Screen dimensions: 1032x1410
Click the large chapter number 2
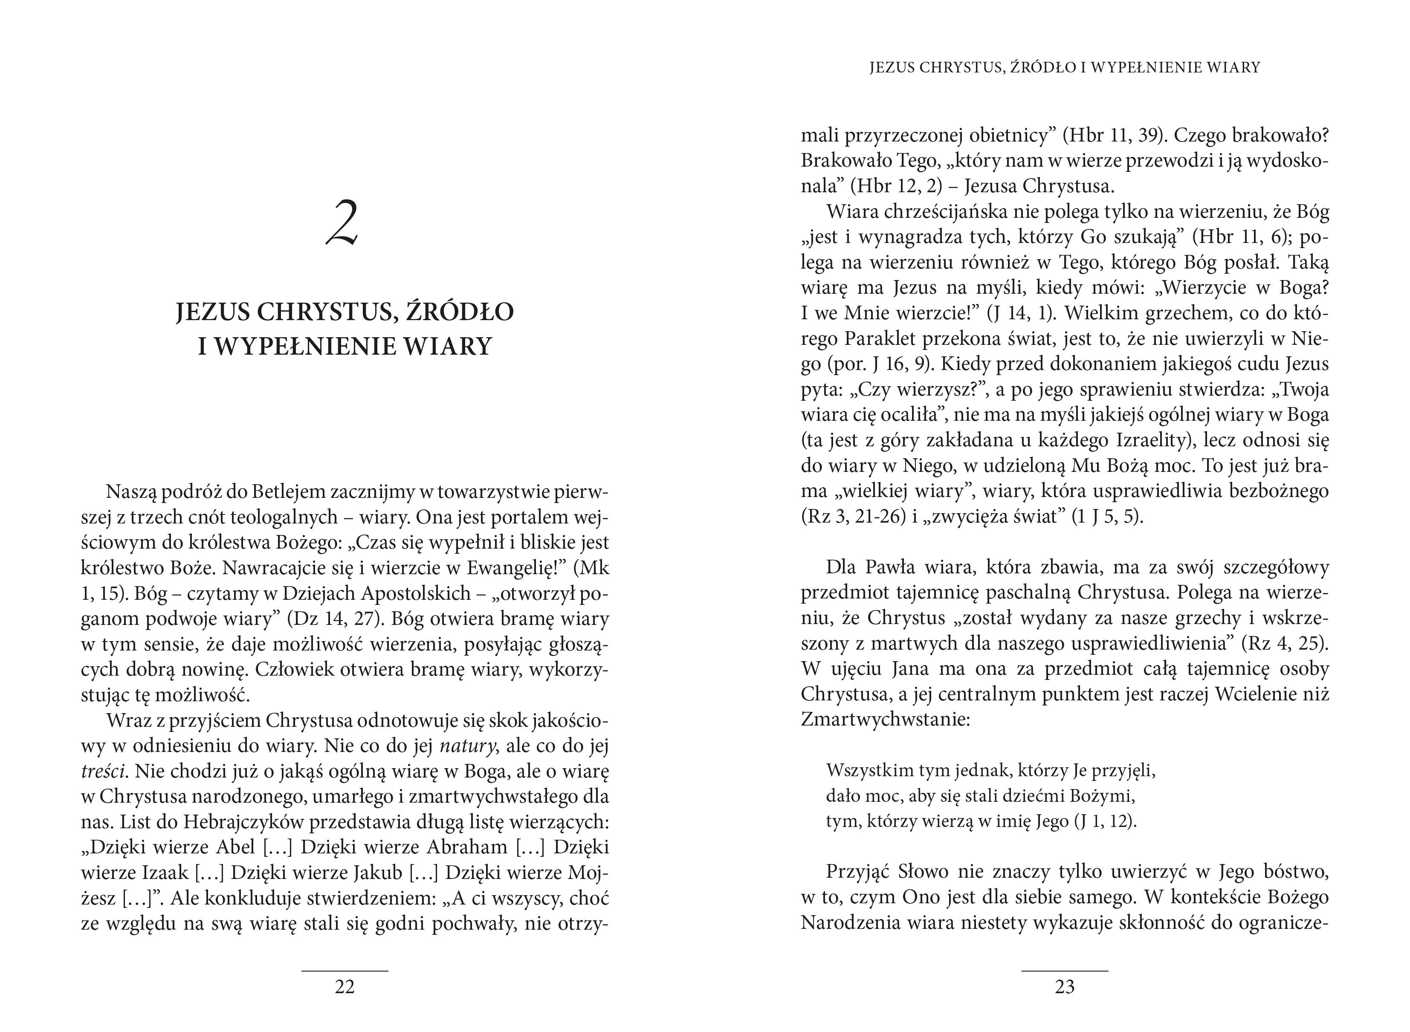point(342,223)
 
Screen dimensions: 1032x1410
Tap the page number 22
point(345,986)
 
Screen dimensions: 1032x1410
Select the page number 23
point(1065,986)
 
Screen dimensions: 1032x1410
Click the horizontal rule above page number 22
point(345,970)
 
